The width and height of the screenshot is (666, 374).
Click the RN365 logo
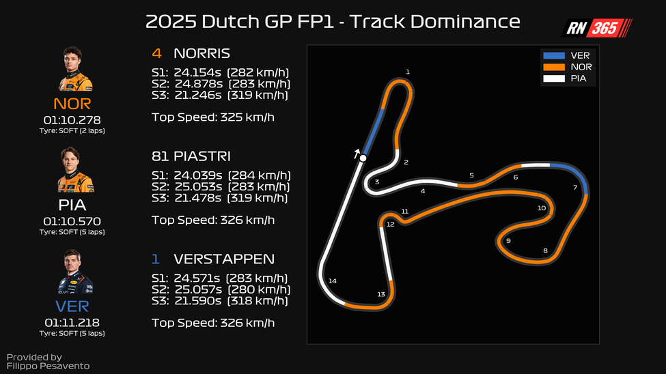[x=596, y=28]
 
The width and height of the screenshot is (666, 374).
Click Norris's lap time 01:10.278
[x=72, y=120]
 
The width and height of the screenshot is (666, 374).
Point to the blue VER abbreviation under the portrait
[x=72, y=306]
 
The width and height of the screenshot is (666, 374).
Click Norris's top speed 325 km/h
[x=247, y=117]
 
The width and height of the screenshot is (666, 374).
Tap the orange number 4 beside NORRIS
[x=156, y=53]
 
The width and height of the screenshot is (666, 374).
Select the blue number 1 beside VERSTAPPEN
[x=156, y=259]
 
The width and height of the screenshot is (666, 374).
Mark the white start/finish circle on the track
[x=363, y=158]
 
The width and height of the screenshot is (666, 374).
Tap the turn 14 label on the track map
[x=333, y=280]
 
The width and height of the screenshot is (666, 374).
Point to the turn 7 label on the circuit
[x=575, y=187]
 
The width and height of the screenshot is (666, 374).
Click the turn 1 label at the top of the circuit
[x=408, y=72]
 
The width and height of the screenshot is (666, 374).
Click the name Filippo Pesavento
[x=48, y=366]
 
